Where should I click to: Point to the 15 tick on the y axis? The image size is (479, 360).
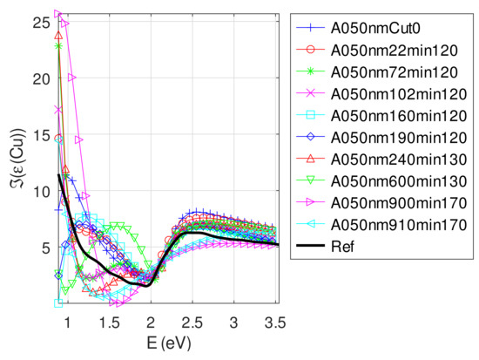(37, 134)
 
